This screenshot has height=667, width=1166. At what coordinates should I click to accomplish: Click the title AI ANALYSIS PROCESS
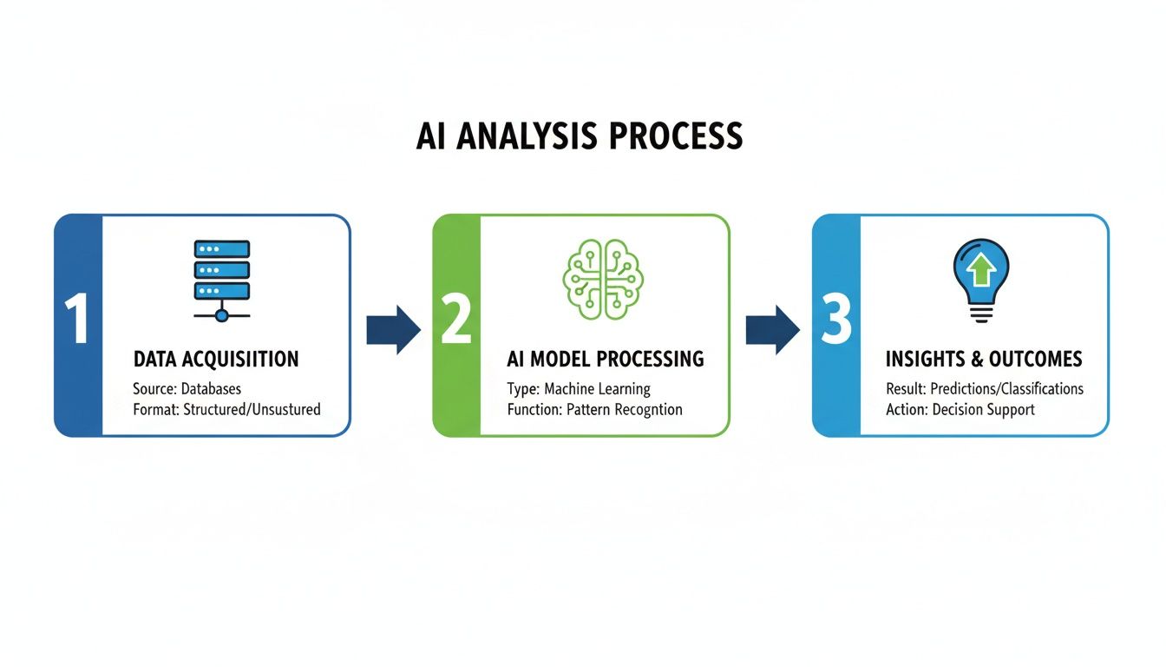pyautogui.click(x=580, y=136)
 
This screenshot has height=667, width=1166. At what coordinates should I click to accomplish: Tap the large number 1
pyautogui.click(x=77, y=320)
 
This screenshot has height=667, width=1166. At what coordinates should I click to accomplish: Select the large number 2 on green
pyautogui.click(x=456, y=320)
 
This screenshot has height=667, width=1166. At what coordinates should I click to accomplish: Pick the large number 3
pyautogui.click(x=835, y=320)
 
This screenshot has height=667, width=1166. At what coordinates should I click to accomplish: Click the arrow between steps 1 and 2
pyautogui.click(x=393, y=330)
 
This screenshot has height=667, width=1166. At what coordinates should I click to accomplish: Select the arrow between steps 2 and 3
pyautogui.click(x=772, y=330)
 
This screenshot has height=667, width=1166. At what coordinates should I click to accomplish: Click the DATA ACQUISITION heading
pyautogui.click(x=216, y=359)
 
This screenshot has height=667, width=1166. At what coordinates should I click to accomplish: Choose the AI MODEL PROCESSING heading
pyautogui.click(x=606, y=359)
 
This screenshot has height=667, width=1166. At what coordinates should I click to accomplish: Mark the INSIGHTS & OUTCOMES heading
pyautogui.click(x=984, y=359)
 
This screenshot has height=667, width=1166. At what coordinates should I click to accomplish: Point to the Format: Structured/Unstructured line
pyautogui.click(x=226, y=409)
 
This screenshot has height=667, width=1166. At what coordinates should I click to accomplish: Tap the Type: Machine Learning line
pyautogui.click(x=579, y=388)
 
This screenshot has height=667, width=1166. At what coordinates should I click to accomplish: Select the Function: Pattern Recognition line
pyautogui.click(x=594, y=409)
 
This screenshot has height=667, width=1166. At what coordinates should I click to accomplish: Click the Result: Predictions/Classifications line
pyautogui.click(x=985, y=388)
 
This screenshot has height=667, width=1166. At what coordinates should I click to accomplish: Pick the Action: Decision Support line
pyautogui.click(x=960, y=409)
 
